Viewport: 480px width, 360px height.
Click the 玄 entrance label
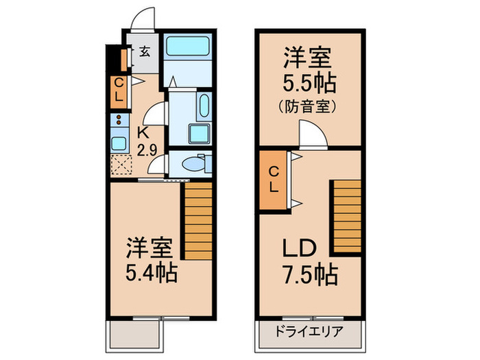[x=145, y=51]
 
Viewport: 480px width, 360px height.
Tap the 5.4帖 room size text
[x=152, y=274]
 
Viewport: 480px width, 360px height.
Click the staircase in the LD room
[x=347, y=216]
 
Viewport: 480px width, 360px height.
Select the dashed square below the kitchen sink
[x=119, y=165]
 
